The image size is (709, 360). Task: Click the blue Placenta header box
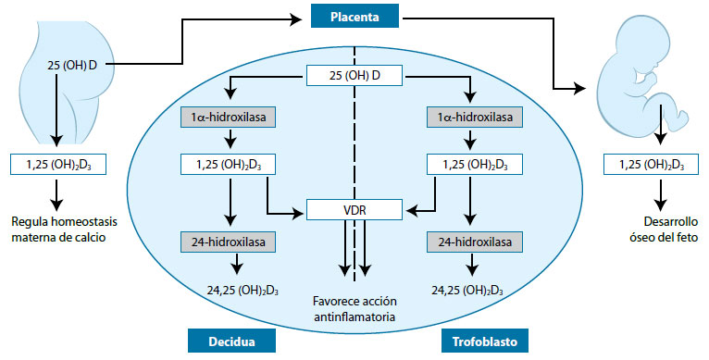pos(354,16)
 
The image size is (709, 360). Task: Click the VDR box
pos(355,212)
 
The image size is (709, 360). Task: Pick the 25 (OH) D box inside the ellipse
pos(355,73)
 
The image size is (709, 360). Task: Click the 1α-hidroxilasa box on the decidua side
pos(227,118)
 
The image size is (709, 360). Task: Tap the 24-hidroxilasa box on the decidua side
pos(227,242)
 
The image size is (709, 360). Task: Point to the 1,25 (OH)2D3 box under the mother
pos(57,165)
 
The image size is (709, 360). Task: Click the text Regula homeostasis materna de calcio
pos(57,229)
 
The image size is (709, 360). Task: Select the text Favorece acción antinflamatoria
pos(355,309)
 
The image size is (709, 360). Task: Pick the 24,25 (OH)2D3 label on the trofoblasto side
pos(475,290)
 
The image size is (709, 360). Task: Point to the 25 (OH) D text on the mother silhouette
pos(72,66)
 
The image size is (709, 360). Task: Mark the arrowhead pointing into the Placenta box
pos(300,16)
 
